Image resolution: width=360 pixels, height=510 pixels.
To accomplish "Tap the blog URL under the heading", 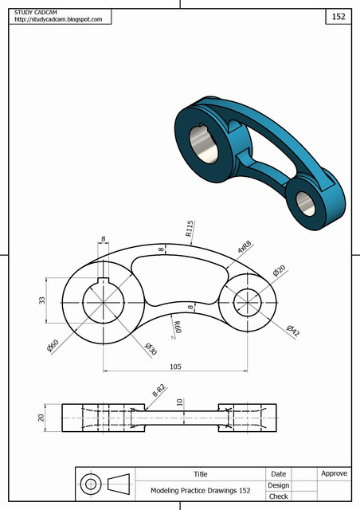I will point(58,19).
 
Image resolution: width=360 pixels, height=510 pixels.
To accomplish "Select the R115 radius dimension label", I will point(190,229).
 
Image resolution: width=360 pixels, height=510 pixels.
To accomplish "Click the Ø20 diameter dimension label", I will point(279,271).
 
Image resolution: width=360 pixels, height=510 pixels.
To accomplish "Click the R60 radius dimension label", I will point(178,326).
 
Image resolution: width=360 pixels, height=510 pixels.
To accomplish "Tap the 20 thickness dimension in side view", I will point(41,417).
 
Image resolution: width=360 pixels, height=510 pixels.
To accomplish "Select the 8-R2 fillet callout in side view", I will point(158,390).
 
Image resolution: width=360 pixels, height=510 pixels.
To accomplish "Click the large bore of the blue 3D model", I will point(205,147).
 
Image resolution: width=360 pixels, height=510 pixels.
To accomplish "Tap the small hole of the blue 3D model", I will point(304,202).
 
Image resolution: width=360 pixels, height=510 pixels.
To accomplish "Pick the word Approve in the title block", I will point(334,473).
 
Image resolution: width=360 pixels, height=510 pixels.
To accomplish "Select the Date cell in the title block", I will point(279,473).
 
